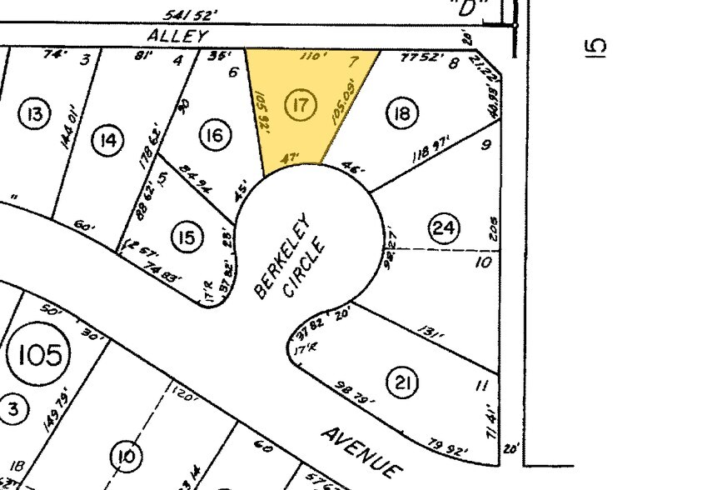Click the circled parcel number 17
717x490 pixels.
click(301, 105)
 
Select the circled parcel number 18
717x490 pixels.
click(402, 113)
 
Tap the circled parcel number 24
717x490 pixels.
click(444, 227)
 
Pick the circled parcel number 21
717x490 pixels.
click(402, 382)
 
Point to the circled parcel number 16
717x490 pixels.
click(215, 135)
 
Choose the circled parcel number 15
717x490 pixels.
click(187, 238)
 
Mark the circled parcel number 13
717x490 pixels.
click(36, 113)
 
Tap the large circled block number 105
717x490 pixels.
click(39, 356)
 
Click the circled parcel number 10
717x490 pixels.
click(125, 456)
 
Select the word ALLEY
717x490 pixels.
click(177, 35)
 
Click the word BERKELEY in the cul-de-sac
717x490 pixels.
click(282, 256)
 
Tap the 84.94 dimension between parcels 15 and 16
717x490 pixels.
click(194, 178)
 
